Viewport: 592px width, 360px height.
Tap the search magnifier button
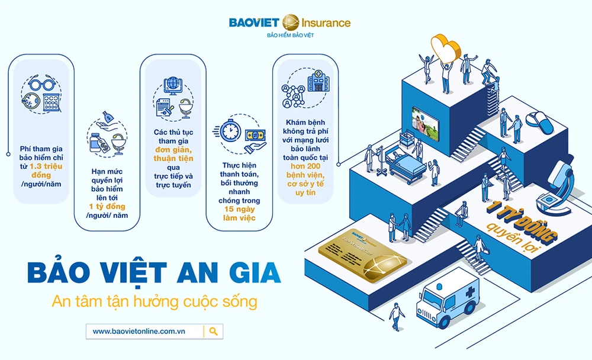[x=214, y=331]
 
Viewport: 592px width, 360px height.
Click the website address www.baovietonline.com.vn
[x=139, y=331]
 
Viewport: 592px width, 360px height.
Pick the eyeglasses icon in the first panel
[x=41, y=84]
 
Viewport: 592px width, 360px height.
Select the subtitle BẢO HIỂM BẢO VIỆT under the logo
[x=289, y=37]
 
